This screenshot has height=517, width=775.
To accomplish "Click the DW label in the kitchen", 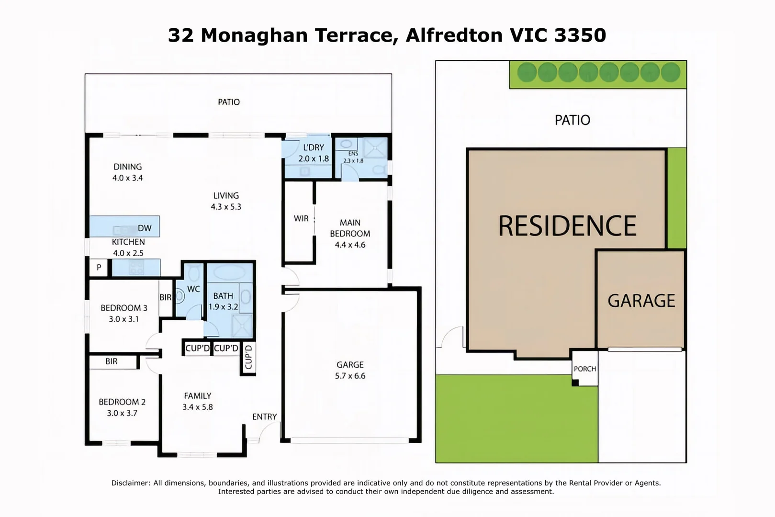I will click(x=144, y=228).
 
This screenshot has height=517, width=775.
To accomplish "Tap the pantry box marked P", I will click(x=99, y=268).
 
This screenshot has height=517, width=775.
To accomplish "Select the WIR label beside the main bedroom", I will click(x=301, y=219).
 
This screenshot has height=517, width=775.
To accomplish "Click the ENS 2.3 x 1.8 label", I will click(x=353, y=157).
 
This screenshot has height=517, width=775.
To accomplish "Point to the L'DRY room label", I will click(x=314, y=148).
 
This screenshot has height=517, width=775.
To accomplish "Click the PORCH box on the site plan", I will click(x=585, y=369).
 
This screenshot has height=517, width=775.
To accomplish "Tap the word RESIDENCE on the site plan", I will click(x=567, y=226).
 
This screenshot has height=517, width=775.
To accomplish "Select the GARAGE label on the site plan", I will click(x=641, y=301).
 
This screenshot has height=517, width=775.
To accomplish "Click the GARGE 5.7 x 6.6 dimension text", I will click(x=350, y=376).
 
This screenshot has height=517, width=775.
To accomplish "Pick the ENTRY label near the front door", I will click(x=264, y=417).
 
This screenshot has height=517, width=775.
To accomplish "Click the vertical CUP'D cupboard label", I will click(x=248, y=357).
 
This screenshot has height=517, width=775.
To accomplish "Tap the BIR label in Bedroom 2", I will click(x=112, y=361).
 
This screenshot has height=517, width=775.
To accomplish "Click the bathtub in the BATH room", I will click(x=229, y=273).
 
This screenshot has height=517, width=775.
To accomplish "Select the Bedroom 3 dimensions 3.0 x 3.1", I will click(x=124, y=319).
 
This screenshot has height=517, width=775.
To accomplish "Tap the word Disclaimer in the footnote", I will click(x=130, y=483).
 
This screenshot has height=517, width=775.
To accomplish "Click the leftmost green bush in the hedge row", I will click(x=527, y=72).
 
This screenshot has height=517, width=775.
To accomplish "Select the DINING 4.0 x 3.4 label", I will click(x=127, y=172).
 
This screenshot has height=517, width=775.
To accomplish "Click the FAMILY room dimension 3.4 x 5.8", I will click(x=197, y=407).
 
